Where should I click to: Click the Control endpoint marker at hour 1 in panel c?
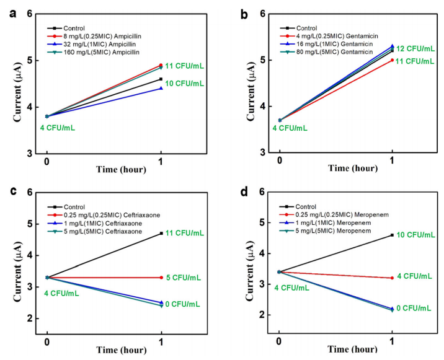coord(161,233)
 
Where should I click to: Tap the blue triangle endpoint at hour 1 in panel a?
coord(161,88)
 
